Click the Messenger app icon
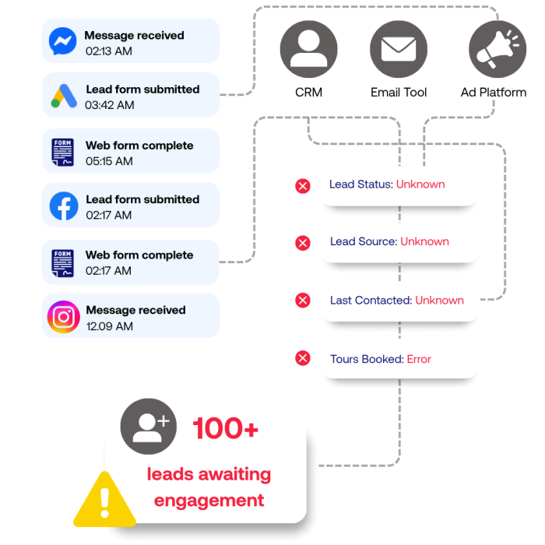(62, 41)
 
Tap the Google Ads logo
(64, 96)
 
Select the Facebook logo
(64, 206)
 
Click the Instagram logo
(64, 317)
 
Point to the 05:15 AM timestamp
(109, 161)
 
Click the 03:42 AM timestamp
(110, 105)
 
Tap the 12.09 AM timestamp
(110, 326)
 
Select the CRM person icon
(308, 49)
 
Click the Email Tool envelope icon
(399, 49)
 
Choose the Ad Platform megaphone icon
(498, 49)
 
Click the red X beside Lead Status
(303, 186)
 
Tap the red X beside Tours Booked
(303, 358)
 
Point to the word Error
(419, 359)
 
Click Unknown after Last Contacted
(439, 301)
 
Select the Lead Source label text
(364, 241)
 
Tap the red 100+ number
(226, 428)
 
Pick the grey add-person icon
(149, 427)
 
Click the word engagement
(209, 501)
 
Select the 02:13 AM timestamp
(109, 51)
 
